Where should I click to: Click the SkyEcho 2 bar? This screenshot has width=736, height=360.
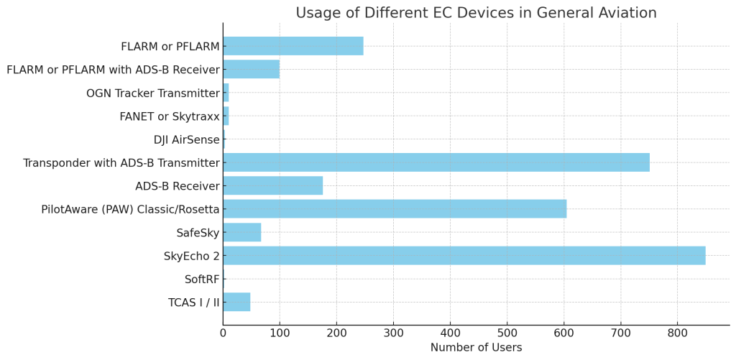pyautogui.click(x=464, y=255)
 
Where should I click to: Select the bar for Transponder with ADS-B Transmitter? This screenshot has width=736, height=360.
pyautogui.click(x=436, y=162)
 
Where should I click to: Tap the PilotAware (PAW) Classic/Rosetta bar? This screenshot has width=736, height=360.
pyautogui.click(x=395, y=209)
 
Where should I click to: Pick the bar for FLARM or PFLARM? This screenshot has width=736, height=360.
pyautogui.click(x=293, y=47)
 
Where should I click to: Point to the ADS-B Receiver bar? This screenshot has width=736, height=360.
pyautogui.click(x=273, y=186)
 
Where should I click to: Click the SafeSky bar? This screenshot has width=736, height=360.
pyautogui.click(x=242, y=232)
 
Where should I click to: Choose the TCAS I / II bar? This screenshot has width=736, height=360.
pyautogui.click(x=236, y=302)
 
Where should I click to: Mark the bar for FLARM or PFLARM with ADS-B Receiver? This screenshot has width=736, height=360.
pyautogui.click(x=252, y=70)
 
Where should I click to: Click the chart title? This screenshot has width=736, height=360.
pyautogui.click(x=476, y=13)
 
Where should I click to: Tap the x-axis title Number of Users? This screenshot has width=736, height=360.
pyautogui.click(x=476, y=348)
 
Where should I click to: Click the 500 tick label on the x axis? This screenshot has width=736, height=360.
pyautogui.click(x=507, y=333)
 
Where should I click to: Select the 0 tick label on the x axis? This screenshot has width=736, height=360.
pyautogui.click(x=223, y=333)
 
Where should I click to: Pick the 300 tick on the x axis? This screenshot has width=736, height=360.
pyautogui.click(x=393, y=333)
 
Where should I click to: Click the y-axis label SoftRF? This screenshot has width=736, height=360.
pyautogui.click(x=202, y=279)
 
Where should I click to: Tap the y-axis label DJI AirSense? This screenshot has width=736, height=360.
pyautogui.click(x=186, y=139)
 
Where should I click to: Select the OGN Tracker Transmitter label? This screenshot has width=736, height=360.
pyautogui.click(x=152, y=93)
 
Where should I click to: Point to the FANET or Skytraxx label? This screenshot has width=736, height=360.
pyautogui.click(x=169, y=116)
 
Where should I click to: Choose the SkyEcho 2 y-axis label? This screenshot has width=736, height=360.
pyautogui.click(x=191, y=256)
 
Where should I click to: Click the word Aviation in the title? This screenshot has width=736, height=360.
pyautogui.click(x=627, y=13)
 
